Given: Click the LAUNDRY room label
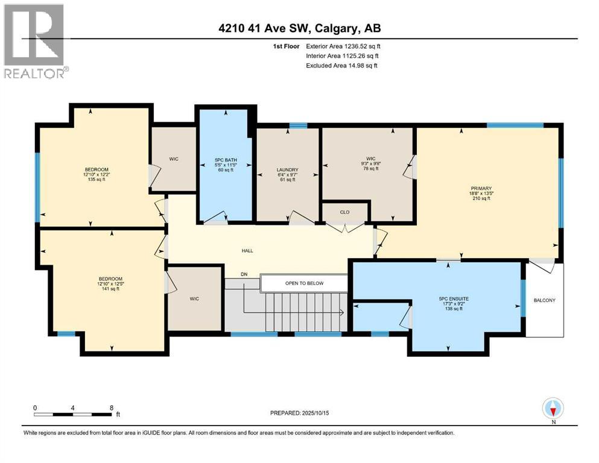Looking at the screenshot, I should [x=287, y=170].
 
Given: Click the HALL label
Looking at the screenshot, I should [x=247, y=250].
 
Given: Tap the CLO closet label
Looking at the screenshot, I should [x=345, y=212].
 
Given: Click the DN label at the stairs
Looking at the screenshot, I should [x=244, y=274].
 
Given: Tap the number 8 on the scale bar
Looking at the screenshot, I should [x=111, y=408].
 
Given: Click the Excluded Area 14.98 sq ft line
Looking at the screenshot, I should [x=341, y=65].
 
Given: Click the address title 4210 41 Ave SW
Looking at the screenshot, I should [x=299, y=28].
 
